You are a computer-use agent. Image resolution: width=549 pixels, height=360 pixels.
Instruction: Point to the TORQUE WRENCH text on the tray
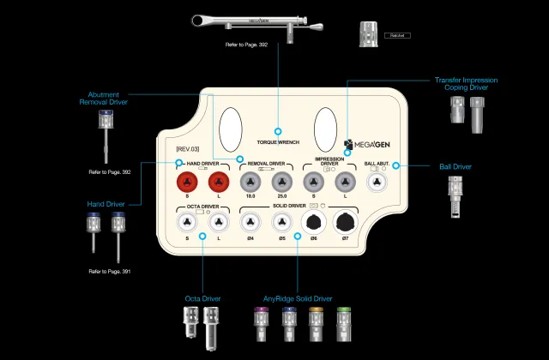click(277, 141)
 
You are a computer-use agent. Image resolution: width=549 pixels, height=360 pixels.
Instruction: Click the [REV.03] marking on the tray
click(175, 149)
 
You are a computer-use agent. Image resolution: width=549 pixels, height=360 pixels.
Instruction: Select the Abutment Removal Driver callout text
click(105, 98)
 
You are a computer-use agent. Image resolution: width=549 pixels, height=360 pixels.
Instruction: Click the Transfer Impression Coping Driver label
click(466, 84)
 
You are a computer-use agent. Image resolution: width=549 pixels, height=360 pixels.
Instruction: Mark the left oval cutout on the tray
click(231, 129)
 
